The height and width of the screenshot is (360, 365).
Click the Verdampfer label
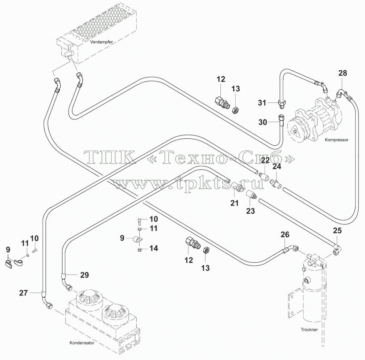(x=101, y=42)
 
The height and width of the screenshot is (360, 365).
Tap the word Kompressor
(x=337, y=140)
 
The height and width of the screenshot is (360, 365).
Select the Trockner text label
(x=309, y=330)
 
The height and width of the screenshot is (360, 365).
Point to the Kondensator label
(x=82, y=343)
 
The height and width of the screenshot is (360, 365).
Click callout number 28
(x=343, y=73)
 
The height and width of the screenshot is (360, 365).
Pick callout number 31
(x=262, y=102)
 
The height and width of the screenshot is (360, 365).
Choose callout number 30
(x=263, y=122)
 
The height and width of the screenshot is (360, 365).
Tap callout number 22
(x=265, y=160)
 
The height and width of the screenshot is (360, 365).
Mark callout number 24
(x=277, y=166)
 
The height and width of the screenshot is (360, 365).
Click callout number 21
(x=235, y=203)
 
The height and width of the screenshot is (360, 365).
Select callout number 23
(x=250, y=211)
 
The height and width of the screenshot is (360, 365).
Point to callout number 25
(x=337, y=230)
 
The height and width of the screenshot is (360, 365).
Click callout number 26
(x=285, y=235)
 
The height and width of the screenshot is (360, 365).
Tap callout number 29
(x=84, y=275)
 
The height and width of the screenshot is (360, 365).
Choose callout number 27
(x=24, y=293)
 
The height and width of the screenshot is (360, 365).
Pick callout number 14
(x=154, y=248)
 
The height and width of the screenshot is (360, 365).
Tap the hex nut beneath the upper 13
(x=235, y=110)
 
